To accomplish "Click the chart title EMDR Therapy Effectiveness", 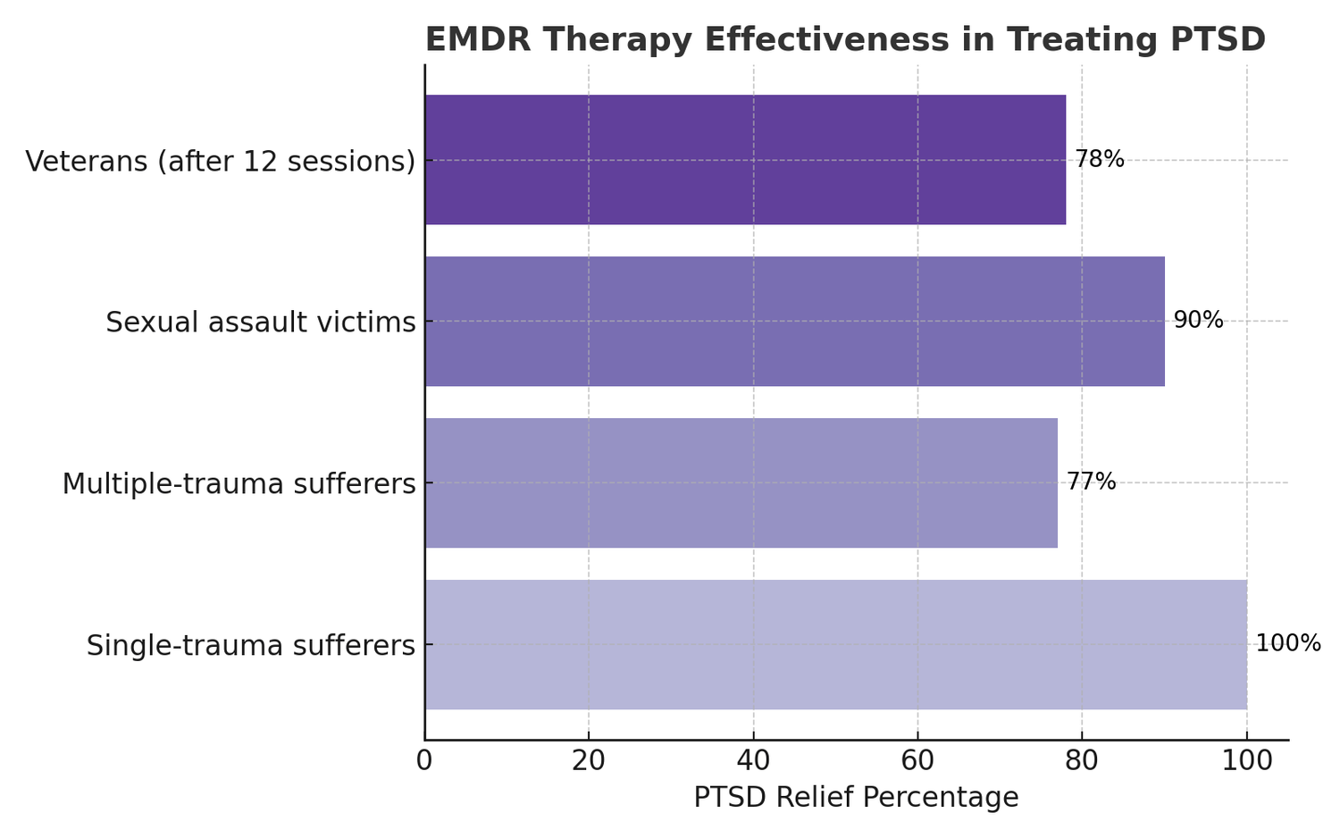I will pos(844,40).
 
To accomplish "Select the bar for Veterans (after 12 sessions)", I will pos(745,160).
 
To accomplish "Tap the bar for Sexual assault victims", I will pos(794,322).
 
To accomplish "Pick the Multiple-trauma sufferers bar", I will pos(741,482).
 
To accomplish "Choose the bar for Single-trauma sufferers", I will pos(835,644).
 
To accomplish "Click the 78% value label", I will pos(1099,160).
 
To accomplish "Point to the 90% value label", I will pos(1198,321).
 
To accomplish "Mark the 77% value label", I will pos(1091,482).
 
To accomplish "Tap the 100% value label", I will pos(1287,643).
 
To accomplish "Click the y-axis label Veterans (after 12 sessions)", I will pos(221,162).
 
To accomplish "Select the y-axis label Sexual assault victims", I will pos(261,323).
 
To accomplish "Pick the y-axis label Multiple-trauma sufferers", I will pos(239,484).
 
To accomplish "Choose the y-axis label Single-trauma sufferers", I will pos(251,645).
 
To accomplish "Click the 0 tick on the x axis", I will pos(424,761).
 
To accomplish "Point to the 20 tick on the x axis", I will pos(589,761).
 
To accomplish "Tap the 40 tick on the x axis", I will pos(753,761).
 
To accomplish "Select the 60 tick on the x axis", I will pos(917,761).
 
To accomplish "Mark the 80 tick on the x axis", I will pos(1082,761).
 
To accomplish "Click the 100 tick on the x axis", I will pos(1246,761).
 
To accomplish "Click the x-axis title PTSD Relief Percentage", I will pos(856,798).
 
